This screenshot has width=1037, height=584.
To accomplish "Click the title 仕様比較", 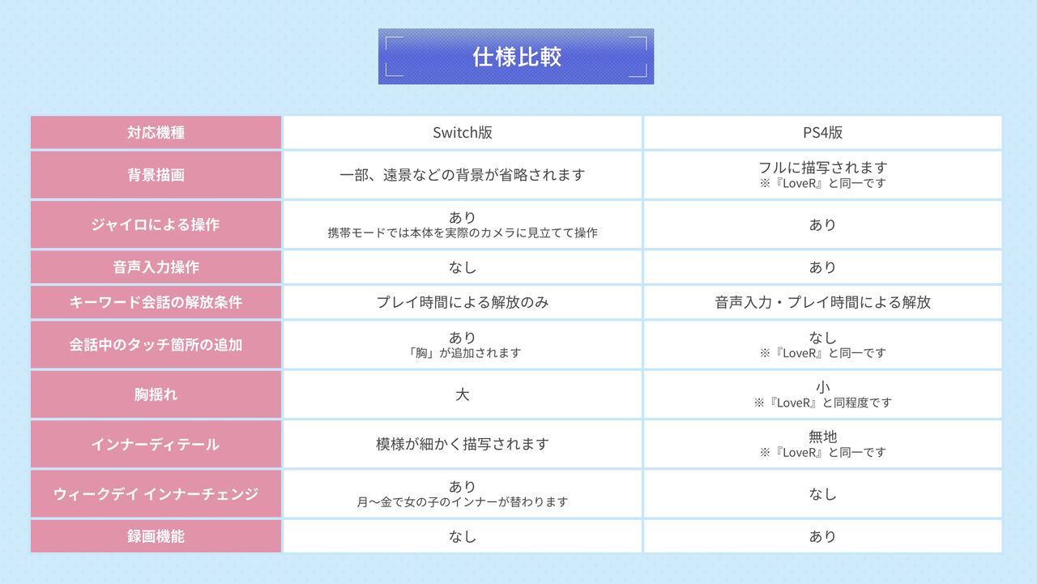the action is pyautogui.click(x=517, y=57).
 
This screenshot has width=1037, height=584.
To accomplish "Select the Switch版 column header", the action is pyautogui.click(x=463, y=133).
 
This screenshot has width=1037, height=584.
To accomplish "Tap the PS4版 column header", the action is pyautogui.click(x=822, y=133).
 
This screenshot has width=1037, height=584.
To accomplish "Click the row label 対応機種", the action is pyautogui.click(x=156, y=133).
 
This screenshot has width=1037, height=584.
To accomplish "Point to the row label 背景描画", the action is pyautogui.click(x=156, y=175).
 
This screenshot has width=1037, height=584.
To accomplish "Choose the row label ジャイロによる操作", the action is pyautogui.click(x=156, y=224).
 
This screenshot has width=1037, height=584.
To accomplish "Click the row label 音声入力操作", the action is pyautogui.click(x=156, y=267).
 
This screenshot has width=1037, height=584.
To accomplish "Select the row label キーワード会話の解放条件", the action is pyautogui.click(x=156, y=302).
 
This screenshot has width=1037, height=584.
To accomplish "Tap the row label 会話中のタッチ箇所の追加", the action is pyautogui.click(x=156, y=345).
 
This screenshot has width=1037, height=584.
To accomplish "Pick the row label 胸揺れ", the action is pyautogui.click(x=156, y=394).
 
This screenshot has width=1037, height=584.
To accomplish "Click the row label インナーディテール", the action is pyautogui.click(x=156, y=444).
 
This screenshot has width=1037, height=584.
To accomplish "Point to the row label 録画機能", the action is pyautogui.click(x=156, y=536).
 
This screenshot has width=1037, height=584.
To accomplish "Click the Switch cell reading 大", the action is pyautogui.click(x=463, y=394).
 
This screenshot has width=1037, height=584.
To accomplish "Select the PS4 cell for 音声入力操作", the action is pyautogui.click(x=822, y=267).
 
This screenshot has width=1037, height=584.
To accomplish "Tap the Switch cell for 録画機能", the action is pyautogui.click(x=463, y=536).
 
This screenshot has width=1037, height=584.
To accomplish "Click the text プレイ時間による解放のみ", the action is pyautogui.click(x=463, y=302).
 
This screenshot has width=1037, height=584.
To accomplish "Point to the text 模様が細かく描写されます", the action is pyautogui.click(x=463, y=444).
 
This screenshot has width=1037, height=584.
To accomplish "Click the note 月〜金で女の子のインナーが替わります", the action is pyautogui.click(x=463, y=501).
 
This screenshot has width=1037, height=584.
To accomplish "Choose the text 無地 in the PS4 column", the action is pyautogui.click(x=822, y=437).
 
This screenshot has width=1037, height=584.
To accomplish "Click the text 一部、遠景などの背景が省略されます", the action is pyautogui.click(x=463, y=175).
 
